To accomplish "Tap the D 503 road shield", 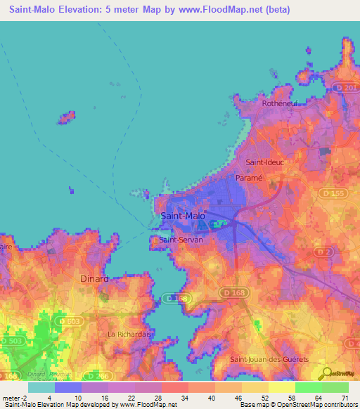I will point(12,340).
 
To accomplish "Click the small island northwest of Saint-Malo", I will point(67,115).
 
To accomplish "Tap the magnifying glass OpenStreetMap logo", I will point(326,374).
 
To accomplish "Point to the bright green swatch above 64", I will point(309,387).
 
